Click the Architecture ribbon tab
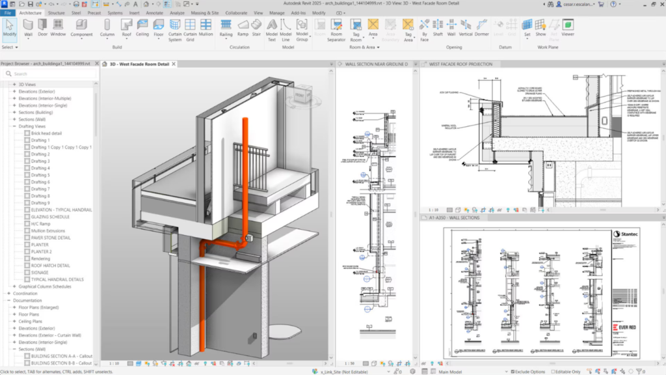[30, 12]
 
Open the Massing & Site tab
[206, 12]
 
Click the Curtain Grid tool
[190, 29]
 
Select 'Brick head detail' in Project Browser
[46, 133]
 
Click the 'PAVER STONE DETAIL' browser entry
[50, 238]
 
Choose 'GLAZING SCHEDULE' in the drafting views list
[50, 217]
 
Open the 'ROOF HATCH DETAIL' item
[50, 266]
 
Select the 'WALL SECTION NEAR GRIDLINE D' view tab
[377, 64]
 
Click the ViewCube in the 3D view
[300, 98]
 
